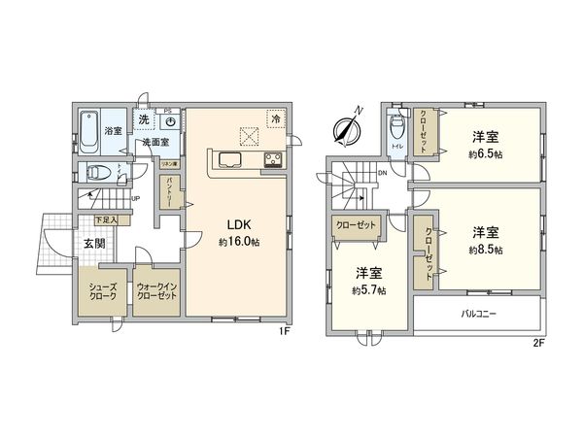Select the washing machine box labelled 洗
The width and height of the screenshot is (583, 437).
pos(144,119)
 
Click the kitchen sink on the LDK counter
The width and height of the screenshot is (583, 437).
pos(231,160)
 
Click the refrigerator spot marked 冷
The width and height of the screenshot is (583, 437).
pos(276,119)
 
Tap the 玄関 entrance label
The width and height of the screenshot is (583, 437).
pos(94,243)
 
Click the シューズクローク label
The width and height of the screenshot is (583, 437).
pos(103,290)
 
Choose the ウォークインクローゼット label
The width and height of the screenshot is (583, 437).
pos(154,290)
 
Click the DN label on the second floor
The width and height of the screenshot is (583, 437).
pos(383,174)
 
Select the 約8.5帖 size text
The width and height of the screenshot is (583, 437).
pos(486,250)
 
